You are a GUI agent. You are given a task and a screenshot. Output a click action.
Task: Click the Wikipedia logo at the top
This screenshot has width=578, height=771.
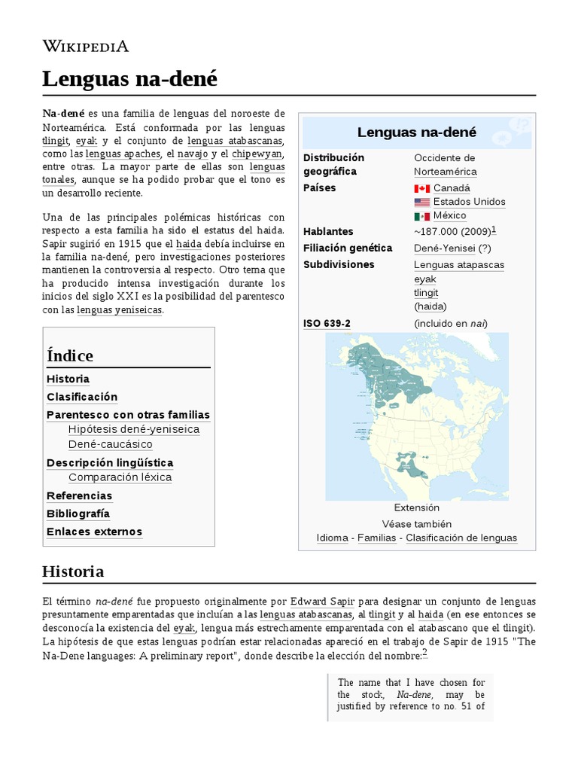pos(86,47)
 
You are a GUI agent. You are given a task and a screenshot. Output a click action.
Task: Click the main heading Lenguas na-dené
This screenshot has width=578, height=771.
pos(129,78)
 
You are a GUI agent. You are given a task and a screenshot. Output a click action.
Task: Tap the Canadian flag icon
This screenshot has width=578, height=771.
pos(421,188)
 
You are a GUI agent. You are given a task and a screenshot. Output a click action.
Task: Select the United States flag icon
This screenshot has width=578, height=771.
pos(421,203)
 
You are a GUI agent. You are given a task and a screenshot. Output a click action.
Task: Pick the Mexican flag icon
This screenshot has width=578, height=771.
pos(421,217)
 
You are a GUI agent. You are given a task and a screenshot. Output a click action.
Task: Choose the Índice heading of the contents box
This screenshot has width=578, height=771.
pos(70,355)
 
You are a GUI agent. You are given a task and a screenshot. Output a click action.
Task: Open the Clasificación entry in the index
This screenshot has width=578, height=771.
pos(82,397)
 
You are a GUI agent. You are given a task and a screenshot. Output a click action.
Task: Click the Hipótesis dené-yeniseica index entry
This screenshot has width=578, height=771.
pos(134,429)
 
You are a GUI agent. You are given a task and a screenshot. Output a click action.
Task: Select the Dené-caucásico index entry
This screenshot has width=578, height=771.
pos(110,444)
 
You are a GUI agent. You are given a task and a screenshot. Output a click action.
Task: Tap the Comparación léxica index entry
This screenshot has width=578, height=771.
pos(120,477)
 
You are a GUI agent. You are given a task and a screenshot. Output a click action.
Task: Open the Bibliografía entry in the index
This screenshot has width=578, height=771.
pos(78,513)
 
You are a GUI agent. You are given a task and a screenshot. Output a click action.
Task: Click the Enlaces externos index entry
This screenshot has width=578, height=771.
pos(94,532)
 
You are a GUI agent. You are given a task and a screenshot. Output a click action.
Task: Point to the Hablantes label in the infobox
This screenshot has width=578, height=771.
pos(328,231)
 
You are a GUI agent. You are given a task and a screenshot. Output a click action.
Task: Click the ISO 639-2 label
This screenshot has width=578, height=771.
pos(327,324)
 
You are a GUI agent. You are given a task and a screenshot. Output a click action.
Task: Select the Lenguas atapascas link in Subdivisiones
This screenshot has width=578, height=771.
pos(459,265)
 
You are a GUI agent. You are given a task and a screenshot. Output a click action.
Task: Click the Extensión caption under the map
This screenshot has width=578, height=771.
pos(416,507)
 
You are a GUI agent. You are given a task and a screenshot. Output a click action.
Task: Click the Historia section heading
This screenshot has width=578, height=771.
pos(73,571)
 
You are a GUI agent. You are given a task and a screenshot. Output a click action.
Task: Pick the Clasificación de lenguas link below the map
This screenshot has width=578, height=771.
pos(461,538)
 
